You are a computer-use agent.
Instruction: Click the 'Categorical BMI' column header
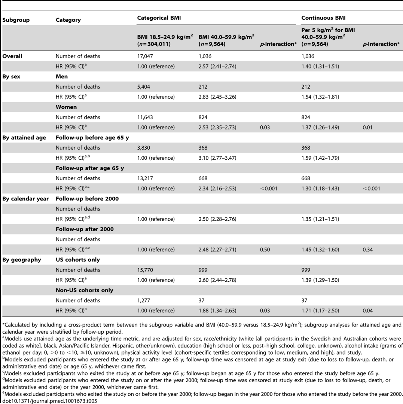159,18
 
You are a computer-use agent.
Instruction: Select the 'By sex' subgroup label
12,77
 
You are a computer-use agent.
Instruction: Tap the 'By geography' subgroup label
21,260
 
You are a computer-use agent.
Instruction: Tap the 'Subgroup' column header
16,20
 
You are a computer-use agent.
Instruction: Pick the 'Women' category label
66,107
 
